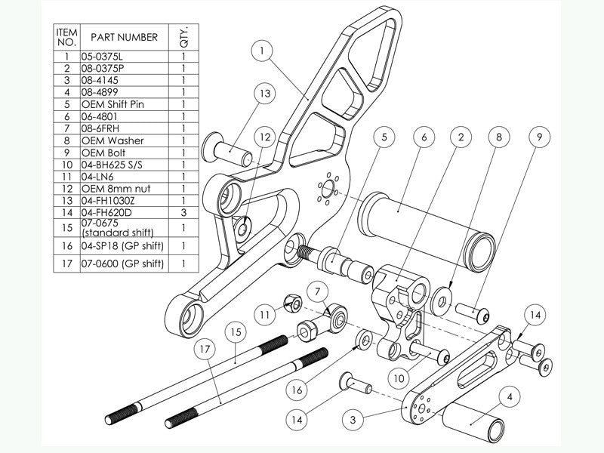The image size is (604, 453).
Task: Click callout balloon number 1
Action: tap(262, 51)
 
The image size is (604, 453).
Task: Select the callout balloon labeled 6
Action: tap(424, 137)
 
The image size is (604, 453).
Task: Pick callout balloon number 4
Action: tap(511, 396)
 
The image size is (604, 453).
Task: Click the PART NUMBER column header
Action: tap(123, 36)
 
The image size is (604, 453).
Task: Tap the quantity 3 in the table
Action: tap(184, 212)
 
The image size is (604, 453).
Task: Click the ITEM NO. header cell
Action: tap(67, 36)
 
